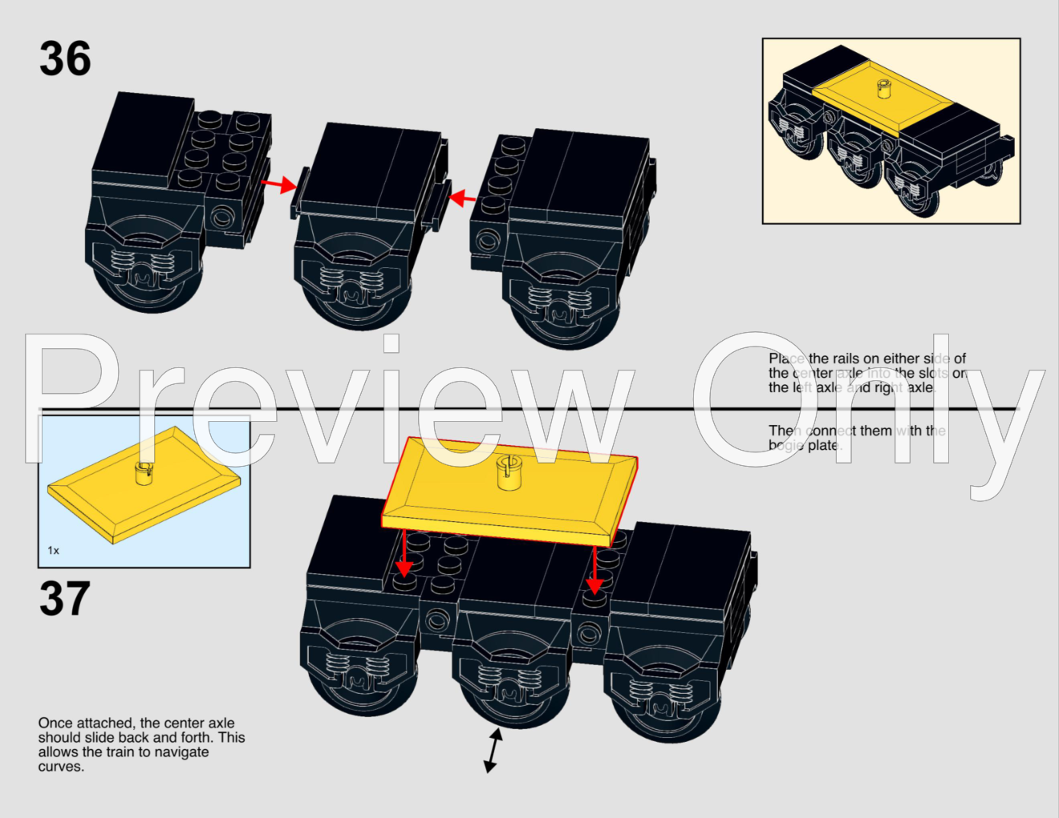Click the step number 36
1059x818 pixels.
[x=65, y=59]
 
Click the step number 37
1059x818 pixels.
[x=64, y=600]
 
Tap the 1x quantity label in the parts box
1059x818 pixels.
[x=53, y=550]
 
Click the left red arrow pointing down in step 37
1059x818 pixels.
[x=404, y=556]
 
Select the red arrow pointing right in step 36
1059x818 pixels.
[x=278, y=185]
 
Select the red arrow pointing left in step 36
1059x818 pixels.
[x=464, y=197]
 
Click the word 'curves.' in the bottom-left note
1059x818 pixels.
[x=61, y=767]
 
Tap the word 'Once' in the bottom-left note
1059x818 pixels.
[x=55, y=723]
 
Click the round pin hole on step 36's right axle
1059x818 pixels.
[x=485, y=240]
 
